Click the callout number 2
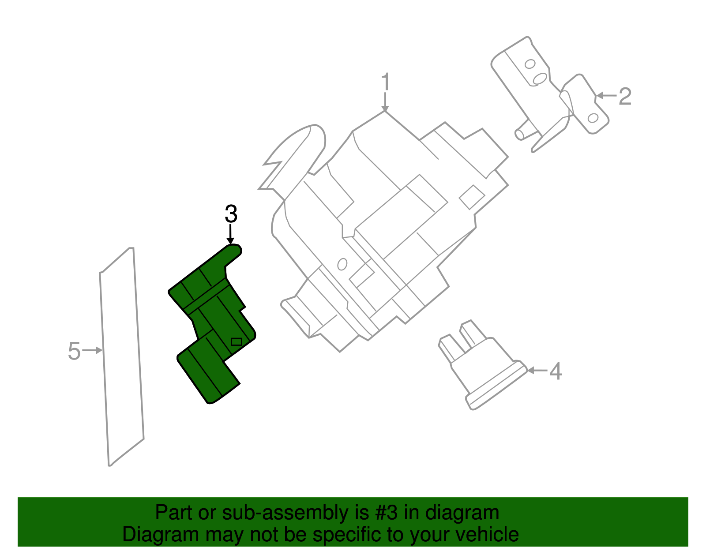pyautogui.click(x=625, y=97)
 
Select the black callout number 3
pyautogui.click(x=231, y=214)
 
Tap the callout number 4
pyautogui.click(x=556, y=371)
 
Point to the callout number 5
pyautogui.click(x=74, y=351)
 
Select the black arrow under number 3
pyautogui.click(x=230, y=234)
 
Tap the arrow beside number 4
pyautogui.click(x=537, y=370)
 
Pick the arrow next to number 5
pyautogui.click(x=93, y=350)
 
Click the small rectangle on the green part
pyautogui.click(x=237, y=341)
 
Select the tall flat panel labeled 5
pyautogui.click(x=121, y=357)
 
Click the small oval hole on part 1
pyautogui.click(x=342, y=264)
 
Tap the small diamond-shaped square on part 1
pyautogui.click(x=472, y=197)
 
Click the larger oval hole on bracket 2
pyautogui.click(x=540, y=79)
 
